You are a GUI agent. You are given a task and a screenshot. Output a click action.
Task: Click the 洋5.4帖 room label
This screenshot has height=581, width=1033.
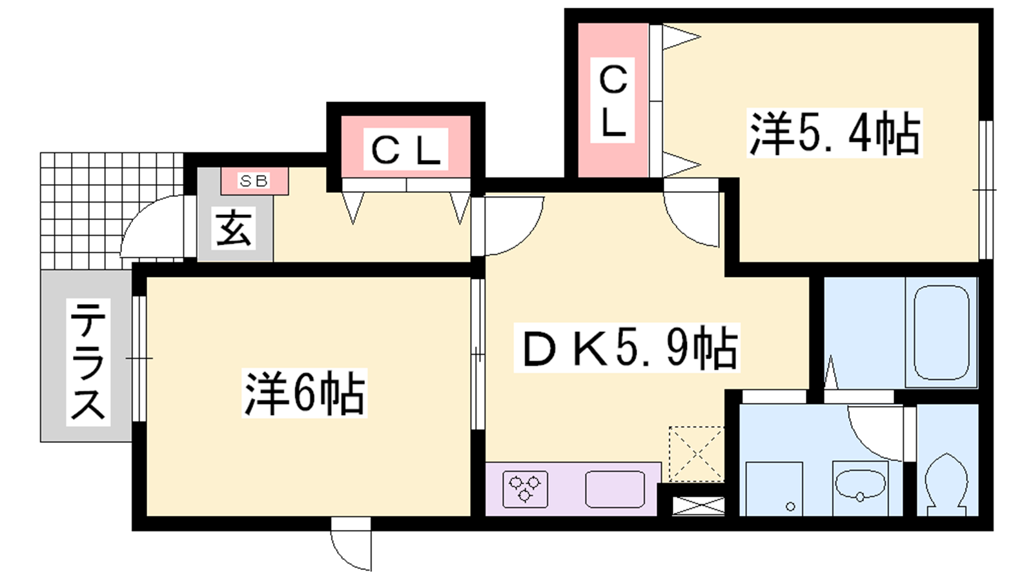tap(834, 133)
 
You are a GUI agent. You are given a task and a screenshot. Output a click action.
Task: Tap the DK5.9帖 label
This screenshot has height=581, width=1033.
tap(627, 347)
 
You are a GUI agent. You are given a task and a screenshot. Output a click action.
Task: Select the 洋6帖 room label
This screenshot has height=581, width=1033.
tap(304, 393)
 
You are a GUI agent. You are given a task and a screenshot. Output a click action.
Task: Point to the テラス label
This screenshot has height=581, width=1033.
tap(88, 362)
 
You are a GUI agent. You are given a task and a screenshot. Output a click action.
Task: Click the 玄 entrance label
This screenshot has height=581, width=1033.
tap(234, 229)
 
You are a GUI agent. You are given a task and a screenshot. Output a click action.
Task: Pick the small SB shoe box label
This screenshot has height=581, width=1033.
tap(254, 181)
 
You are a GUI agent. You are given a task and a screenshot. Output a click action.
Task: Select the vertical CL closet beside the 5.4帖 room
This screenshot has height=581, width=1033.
tap(613, 100)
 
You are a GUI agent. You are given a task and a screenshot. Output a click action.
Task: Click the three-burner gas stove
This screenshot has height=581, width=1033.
tap(525, 489)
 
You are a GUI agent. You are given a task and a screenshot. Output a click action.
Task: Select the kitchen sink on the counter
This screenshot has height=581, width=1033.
tap(615, 489)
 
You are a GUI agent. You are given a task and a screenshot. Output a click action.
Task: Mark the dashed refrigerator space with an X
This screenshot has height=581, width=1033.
tap(697, 454)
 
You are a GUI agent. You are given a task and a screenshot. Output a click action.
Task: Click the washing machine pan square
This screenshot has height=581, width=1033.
tap(774, 489)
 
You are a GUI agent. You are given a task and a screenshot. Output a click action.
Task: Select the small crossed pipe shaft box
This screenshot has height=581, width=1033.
tap(698, 506)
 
